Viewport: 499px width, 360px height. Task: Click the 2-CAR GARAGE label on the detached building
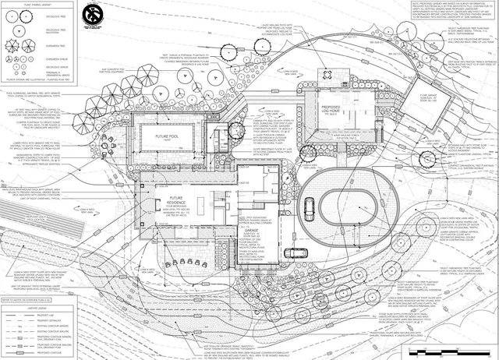pos(430,98)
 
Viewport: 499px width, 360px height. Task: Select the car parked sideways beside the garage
pos(296,251)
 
